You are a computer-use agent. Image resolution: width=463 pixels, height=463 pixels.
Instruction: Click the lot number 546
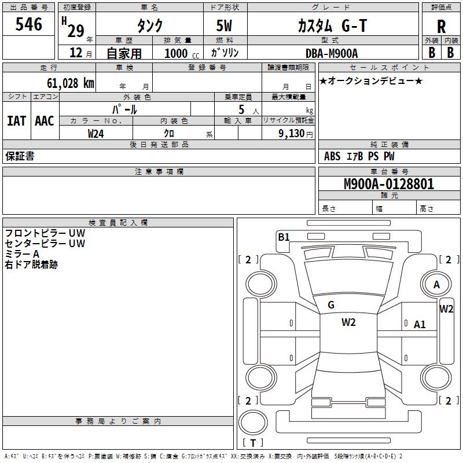click(x=29, y=25)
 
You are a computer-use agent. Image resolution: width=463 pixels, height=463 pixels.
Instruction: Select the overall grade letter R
click(x=441, y=27)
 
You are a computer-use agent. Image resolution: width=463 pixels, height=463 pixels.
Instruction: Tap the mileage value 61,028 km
click(x=64, y=83)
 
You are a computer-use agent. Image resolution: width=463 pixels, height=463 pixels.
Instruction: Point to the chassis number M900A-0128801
click(x=389, y=185)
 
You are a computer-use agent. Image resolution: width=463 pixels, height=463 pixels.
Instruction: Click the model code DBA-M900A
click(x=332, y=53)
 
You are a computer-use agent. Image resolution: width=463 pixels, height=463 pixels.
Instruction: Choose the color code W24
click(x=96, y=133)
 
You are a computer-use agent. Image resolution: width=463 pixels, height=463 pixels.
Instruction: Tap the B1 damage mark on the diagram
click(x=284, y=237)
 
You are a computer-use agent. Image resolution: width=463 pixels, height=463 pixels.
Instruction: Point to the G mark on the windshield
click(x=331, y=305)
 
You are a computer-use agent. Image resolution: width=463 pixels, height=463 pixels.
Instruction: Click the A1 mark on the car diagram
click(x=420, y=325)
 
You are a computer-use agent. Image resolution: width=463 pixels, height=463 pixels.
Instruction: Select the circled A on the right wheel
click(x=437, y=284)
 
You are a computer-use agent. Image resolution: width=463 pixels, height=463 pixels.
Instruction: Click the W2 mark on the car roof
click(x=348, y=322)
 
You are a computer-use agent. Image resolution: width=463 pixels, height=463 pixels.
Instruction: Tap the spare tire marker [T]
click(x=253, y=443)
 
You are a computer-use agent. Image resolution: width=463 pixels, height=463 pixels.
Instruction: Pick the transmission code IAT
click(x=16, y=120)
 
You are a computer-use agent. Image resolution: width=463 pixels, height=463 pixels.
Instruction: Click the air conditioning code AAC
click(x=44, y=120)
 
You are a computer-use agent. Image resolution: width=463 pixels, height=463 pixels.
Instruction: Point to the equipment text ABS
click(x=332, y=156)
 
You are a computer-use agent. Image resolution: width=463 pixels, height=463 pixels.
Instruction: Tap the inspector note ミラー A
click(x=22, y=254)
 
